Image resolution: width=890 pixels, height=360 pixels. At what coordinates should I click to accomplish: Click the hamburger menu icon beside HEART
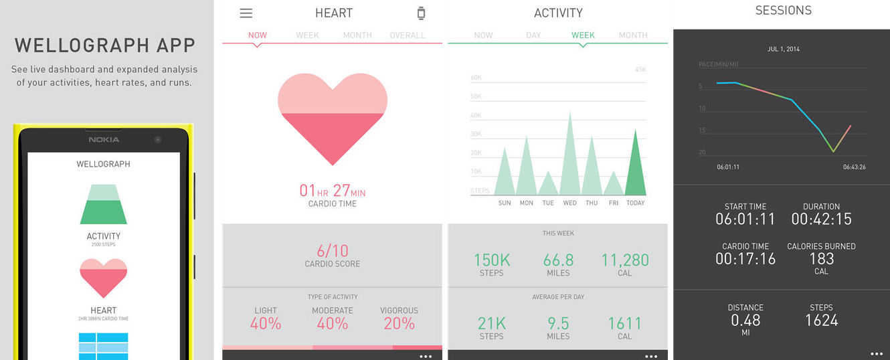pyautogui.click(x=246, y=13)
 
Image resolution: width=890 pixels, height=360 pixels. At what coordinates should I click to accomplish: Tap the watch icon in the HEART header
pyautogui.click(x=421, y=13)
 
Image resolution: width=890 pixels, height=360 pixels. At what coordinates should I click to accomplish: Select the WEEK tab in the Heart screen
pyautogui.click(x=307, y=35)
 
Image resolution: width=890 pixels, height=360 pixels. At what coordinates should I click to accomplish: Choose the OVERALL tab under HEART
pyautogui.click(x=407, y=35)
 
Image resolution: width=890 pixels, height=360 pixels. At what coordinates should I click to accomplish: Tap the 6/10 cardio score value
pyautogui.click(x=333, y=251)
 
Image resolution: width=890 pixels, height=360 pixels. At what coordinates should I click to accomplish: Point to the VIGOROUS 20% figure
pyautogui.click(x=399, y=323)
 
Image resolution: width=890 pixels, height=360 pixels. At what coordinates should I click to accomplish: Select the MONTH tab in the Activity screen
pyautogui.click(x=632, y=35)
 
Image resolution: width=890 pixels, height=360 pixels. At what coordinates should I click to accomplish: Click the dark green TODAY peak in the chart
pyautogui.click(x=635, y=167)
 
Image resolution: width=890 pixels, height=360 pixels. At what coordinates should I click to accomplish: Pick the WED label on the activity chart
pyautogui.click(x=569, y=203)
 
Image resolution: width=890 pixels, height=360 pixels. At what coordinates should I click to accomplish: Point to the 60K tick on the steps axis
pyautogui.click(x=476, y=78)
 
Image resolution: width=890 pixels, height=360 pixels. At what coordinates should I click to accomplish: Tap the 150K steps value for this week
pyautogui.click(x=492, y=260)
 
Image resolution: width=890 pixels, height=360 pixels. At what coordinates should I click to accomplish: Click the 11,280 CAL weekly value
pyautogui.click(x=625, y=260)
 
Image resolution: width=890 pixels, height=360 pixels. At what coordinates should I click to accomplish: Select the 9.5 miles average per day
pyautogui.click(x=558, y=323)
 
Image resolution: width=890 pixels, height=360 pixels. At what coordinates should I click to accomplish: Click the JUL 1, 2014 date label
pyautogui.click(x=783, y=49)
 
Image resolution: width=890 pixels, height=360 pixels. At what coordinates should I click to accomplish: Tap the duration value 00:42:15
pyautogui.click(x=821, y=219)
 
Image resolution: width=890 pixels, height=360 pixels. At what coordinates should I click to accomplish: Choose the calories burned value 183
pyautogui.click(x=821, y=258)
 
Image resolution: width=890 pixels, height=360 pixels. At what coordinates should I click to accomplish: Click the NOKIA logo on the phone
pyautogui.click(x=104, y=139)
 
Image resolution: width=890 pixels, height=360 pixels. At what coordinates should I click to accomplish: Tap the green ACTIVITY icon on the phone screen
pyautogui.click(x=103, y=205)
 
